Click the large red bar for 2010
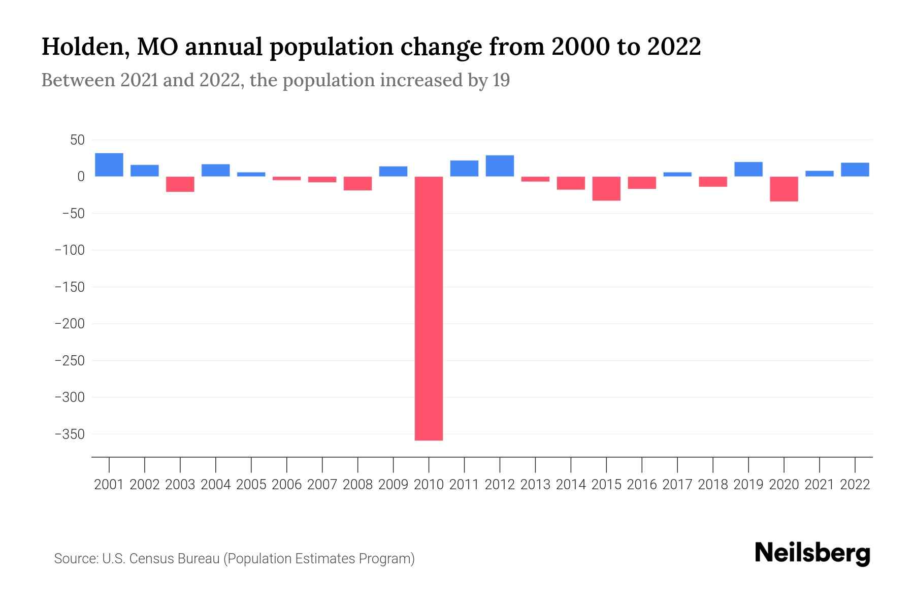(x=429, y=308)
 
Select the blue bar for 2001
(x=109, y=165)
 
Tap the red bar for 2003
(x=180, y=184)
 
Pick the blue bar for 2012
(x=500, y=166)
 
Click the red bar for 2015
(x=606, y=188)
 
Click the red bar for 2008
(x=358, y=183)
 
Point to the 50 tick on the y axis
(x=77, y=140)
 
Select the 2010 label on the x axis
(x=429, y=485)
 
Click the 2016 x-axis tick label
(x=642, y=485)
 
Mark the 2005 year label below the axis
(x=251, y=485)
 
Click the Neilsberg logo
(x=812, y=553)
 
